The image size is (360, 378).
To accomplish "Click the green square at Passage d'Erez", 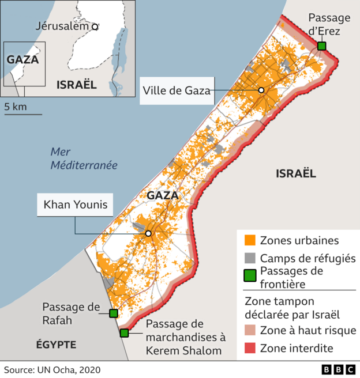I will click(x=321, y=46).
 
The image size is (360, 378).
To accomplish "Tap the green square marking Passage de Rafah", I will click(x=114, y=313).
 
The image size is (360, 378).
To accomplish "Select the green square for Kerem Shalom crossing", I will click(x=124, y=332).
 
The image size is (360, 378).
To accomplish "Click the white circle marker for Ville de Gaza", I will click(x=261, y=90).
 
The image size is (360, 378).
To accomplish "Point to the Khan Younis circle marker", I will click(x=148, y=233).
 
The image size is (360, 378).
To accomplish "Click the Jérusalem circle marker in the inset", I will click(x=95, y=26).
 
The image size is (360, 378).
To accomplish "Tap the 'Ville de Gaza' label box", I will click(x=175, y=90).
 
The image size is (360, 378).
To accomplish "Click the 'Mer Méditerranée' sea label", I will click(x=84, y=158).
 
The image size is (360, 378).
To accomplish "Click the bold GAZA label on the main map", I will click(x=163, y=196).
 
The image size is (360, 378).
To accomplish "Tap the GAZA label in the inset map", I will click(x=23, y=59).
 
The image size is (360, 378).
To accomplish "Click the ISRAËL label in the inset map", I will click(x=77, y=85).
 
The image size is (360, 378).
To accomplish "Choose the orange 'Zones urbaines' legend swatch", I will click(x=250, y=240).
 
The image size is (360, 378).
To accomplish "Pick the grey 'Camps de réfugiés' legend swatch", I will click(x=250, y=258).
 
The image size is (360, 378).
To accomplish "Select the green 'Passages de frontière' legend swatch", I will click(x=250, y=276).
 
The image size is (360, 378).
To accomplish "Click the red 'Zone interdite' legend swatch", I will click(x=250, y=348).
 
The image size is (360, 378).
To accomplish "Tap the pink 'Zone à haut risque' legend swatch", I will click(x=250, y=330).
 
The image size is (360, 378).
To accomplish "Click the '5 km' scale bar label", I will click(x=15, y=107).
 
